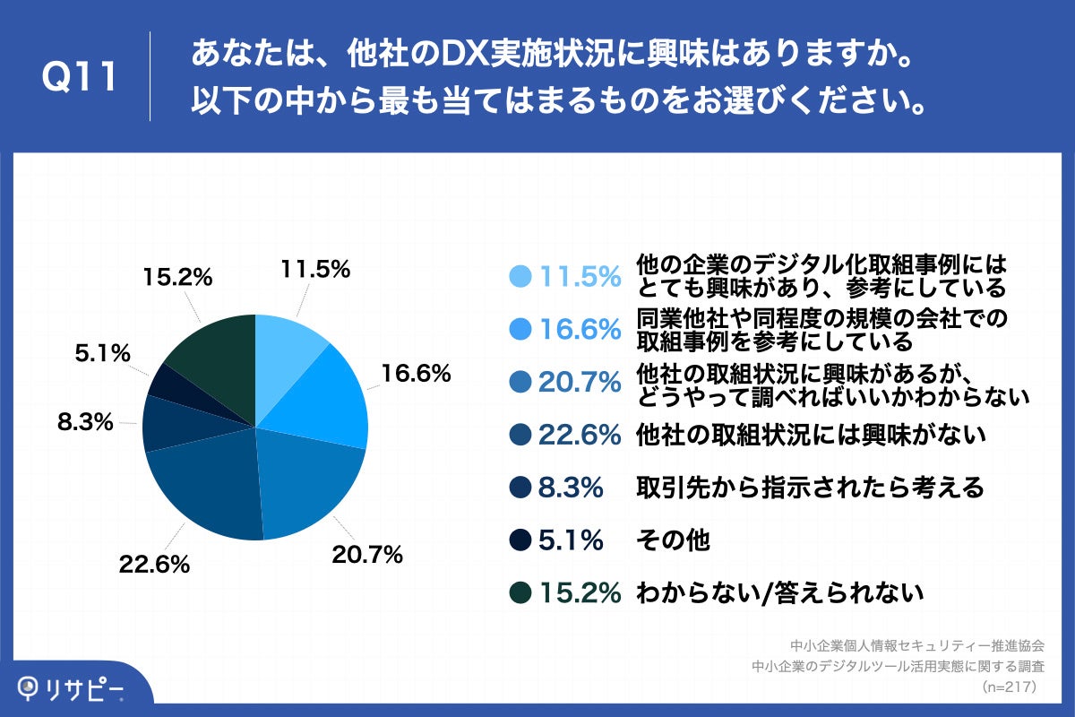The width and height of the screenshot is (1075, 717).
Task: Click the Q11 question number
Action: pyautogui.click(x=81, y=78)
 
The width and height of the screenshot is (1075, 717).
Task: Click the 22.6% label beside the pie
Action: pyautogui.click(x=154, y=565)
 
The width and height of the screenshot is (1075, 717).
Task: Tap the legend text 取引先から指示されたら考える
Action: pyautogui.click(x=810, y=488)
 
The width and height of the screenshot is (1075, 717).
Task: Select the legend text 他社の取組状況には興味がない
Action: pyautogui.click(x=811, y=436)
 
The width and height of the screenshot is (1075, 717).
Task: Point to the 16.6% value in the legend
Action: pyautogui.click(x=580, y=330)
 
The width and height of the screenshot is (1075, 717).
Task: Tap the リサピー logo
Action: pyautogui.click(x=72, y=688)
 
